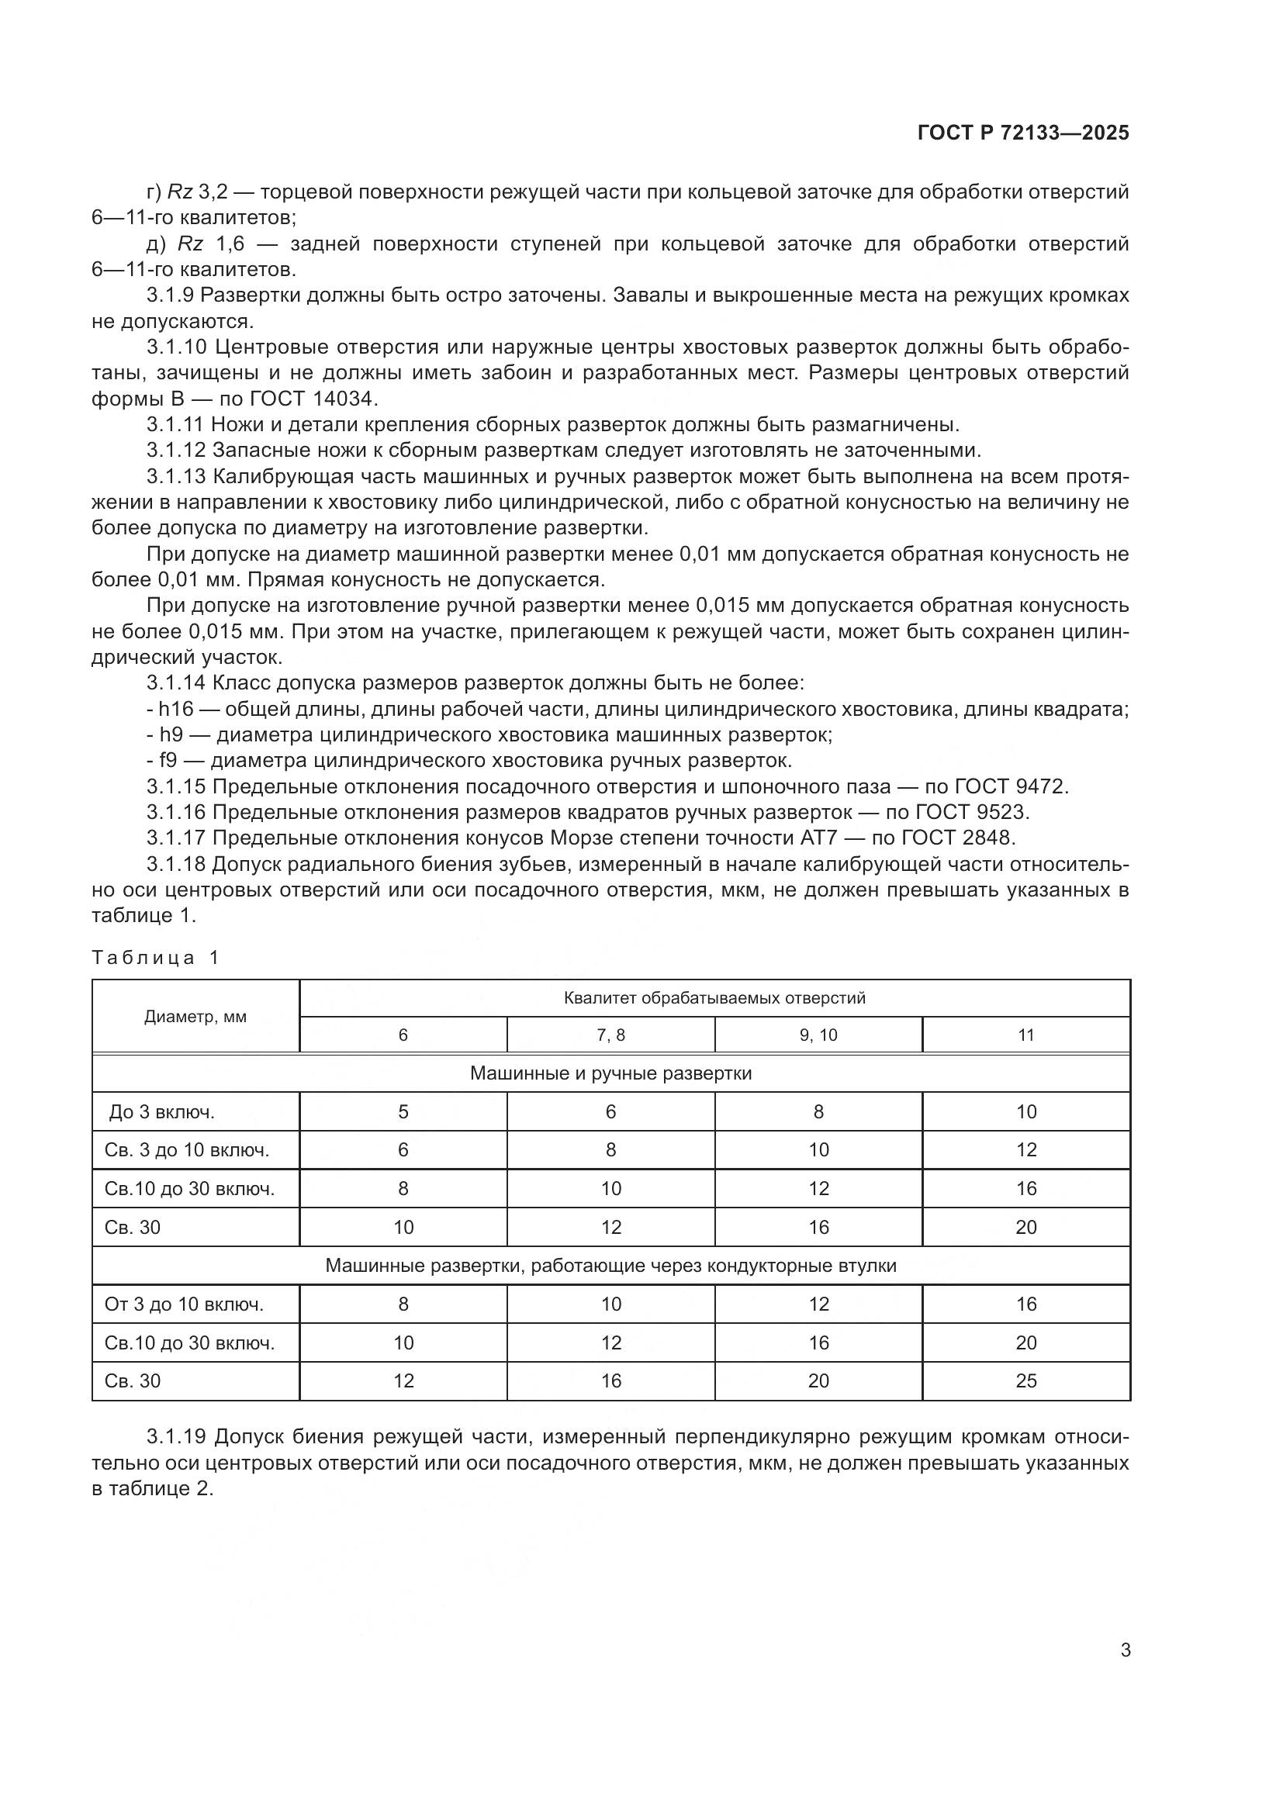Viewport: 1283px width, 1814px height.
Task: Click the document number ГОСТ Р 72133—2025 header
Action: coord(1023,133)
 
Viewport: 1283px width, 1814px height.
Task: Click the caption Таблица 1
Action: coord(155,958)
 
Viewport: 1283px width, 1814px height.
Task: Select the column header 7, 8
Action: coord(610,1035)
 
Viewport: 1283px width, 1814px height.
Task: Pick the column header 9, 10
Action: coord(818,1035)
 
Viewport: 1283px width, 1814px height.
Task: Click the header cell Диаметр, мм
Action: coord(195,1017)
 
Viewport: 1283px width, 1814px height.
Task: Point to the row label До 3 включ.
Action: coord(162,1112)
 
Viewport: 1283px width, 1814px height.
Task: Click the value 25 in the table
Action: coord(1025,1381)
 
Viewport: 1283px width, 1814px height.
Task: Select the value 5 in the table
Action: coord(403,1112)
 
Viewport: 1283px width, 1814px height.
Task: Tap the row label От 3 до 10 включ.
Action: coord(183,1304)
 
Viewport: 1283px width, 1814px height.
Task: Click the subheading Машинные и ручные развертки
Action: coord(610,1073)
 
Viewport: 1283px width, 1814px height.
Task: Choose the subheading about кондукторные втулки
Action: coord(610,1266)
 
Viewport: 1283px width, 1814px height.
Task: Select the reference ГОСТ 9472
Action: coord(1012,787)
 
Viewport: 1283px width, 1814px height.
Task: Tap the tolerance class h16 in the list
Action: coord(176,710)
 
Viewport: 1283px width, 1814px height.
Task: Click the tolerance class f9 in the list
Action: coord(168,761)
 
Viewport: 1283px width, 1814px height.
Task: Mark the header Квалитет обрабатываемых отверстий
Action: coord(714,998)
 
